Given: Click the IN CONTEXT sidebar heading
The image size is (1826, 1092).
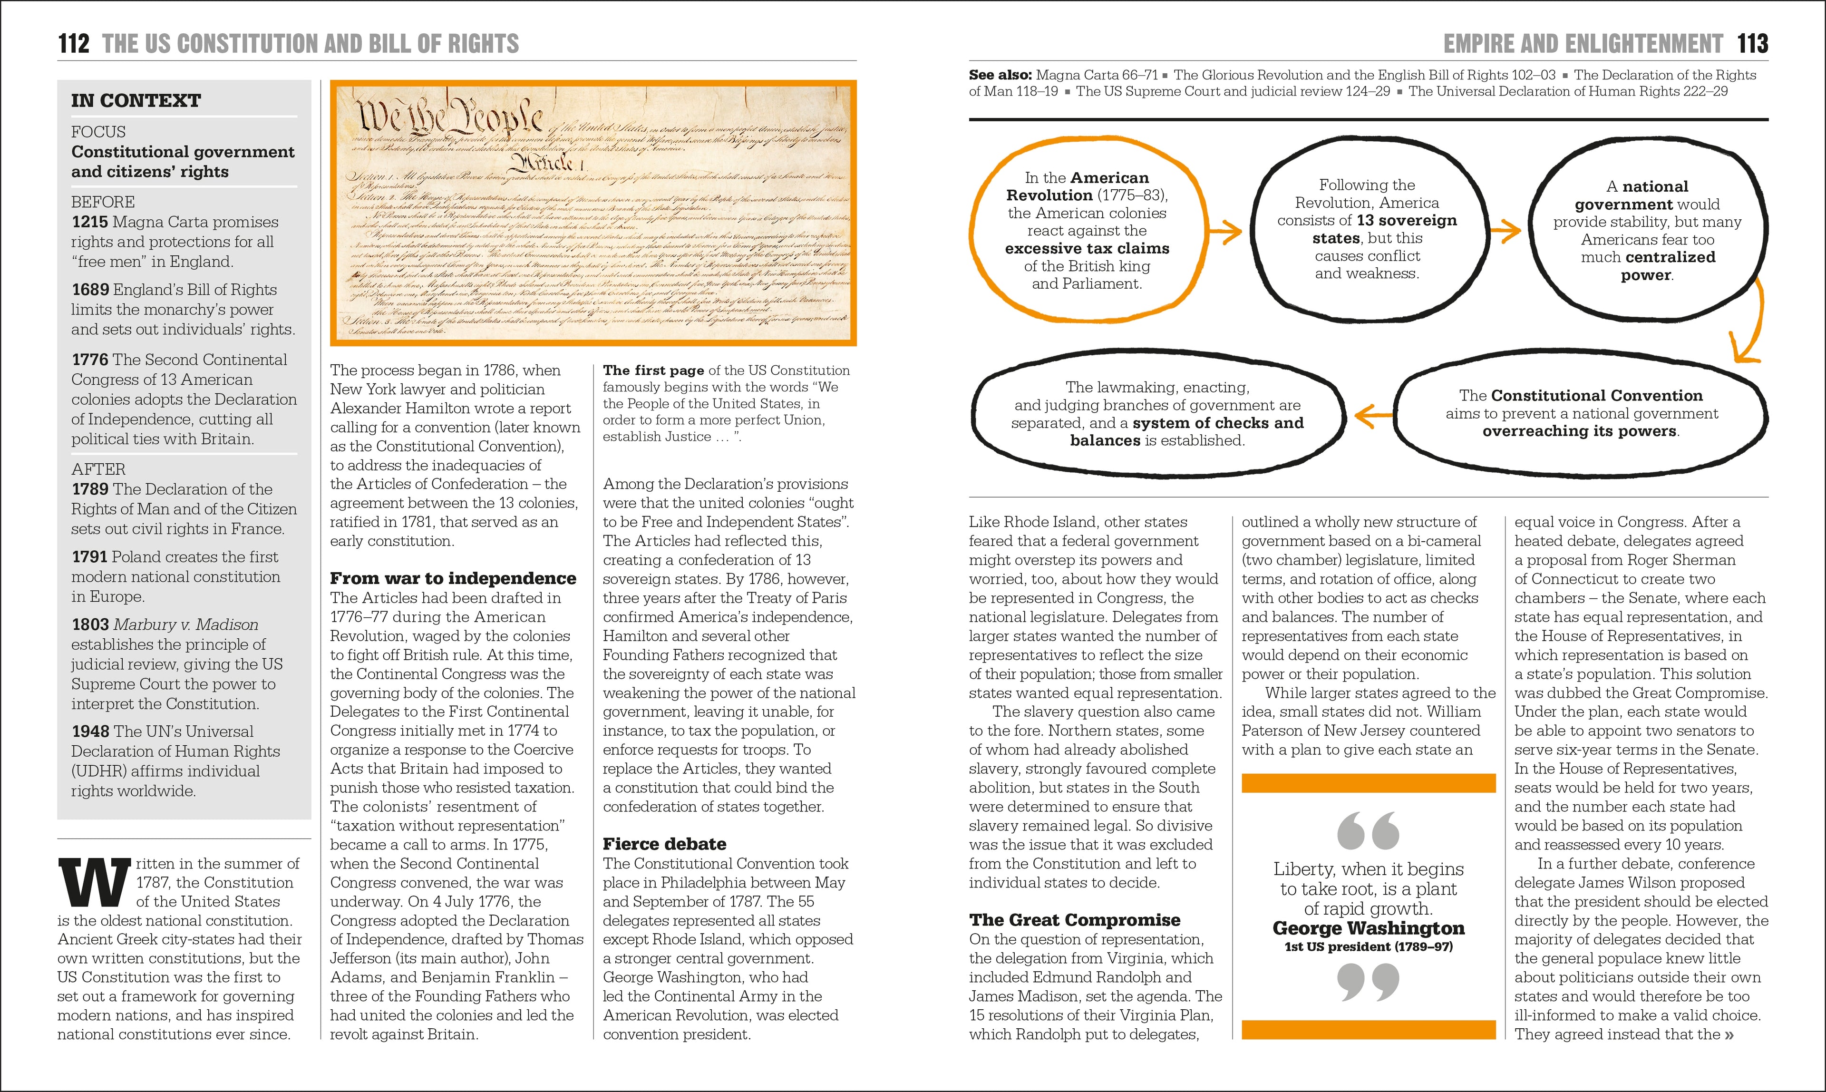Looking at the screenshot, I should [x=136, y=101].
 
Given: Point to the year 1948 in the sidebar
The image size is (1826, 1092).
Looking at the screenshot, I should [x=90, y=731].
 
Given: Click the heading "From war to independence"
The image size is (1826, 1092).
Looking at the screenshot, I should [x=452, y=578].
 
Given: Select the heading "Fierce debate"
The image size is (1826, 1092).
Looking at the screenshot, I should [x=664, y=844].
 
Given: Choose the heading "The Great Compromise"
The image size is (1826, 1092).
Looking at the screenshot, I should [x=1074, y=920].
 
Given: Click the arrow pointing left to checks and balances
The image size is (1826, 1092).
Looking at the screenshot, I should [x=1373, y=415].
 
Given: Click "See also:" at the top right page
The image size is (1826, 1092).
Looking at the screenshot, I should [x=1000, y=75].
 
